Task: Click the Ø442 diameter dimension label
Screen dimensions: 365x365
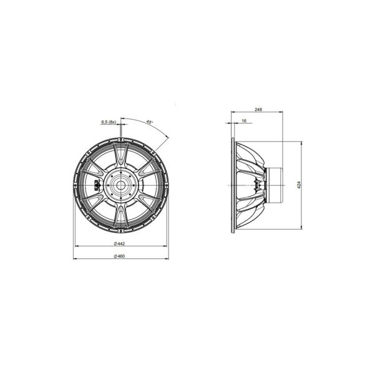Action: (x=119, y=243)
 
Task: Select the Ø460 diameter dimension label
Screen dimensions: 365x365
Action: (x=119, y=256)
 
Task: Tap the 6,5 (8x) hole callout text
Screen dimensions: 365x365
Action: (x=109, y=122)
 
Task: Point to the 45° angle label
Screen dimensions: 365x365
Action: (x=149, y=122)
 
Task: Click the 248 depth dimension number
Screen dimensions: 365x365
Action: (x=258, y=109)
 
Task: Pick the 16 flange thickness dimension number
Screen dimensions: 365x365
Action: (x=244, y=121)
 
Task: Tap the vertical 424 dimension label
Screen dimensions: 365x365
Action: (x=299, y=185)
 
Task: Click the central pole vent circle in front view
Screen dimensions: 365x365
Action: (x=121, y=185)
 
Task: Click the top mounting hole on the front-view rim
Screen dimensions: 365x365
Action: (x=121, y=139)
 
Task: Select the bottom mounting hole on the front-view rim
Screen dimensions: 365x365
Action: (x=121, y=231)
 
